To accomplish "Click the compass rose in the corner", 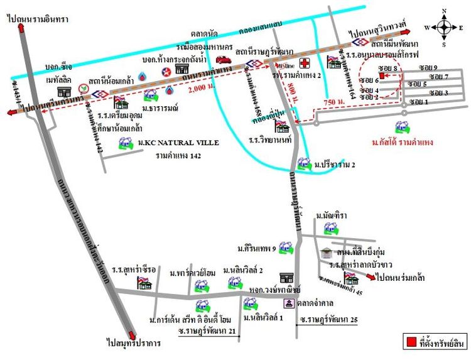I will (x=444, y=27).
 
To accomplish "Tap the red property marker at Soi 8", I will (x=381, y=75).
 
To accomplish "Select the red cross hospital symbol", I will (x=305, y=63).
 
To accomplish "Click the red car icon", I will (x=222, y=60).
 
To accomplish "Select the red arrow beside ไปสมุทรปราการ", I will (x=131, y=335).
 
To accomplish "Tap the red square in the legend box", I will (x=411, y=342).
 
